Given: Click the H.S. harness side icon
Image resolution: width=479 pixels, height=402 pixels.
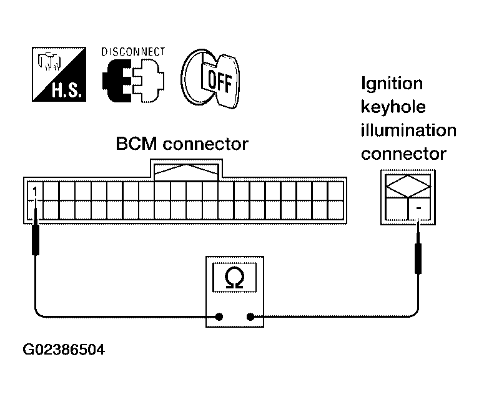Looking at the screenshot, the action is [x=59, y=74].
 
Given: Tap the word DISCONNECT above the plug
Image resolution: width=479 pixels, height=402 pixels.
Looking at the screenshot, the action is [x=133, y=52].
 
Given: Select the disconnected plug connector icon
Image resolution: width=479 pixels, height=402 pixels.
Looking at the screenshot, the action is [x=133, y=81].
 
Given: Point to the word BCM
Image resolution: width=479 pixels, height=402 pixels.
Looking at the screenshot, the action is [x=136, y=144].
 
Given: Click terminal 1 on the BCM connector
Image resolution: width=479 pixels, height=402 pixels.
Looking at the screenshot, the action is [x=35, y=192].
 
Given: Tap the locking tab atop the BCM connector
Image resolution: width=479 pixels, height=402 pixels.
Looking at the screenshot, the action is [x=186, y=170].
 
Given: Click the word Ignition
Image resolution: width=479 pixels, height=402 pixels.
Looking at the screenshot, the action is [x=392, y=84].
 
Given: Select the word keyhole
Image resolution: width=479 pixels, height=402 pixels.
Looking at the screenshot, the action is [x=393, y=107].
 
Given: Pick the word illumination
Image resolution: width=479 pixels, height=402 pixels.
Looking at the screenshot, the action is [x=408, y=130].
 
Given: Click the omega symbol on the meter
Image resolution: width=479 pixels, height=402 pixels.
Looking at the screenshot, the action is [x=234, y=277].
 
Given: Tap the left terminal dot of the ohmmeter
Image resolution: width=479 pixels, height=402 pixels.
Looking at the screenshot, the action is [x=219, y=317].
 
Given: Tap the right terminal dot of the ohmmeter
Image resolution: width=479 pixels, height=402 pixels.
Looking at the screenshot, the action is [x=250, y=317].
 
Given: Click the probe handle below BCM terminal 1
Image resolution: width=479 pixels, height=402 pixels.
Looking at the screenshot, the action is [x=36, y=239].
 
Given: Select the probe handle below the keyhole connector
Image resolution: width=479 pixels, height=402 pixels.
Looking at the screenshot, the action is [x=418, y=258].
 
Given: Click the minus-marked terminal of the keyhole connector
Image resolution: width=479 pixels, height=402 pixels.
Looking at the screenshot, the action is [x=419, y=208].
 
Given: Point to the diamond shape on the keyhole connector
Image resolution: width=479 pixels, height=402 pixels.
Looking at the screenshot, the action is [x=408, y=186].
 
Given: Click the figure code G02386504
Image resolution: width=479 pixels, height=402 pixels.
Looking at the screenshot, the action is [x=64, y=350].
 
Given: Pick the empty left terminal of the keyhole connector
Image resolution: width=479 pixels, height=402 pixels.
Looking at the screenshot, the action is [x=397, y=208].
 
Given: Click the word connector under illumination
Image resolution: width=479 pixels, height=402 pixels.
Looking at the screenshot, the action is [x=403, y=154].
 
